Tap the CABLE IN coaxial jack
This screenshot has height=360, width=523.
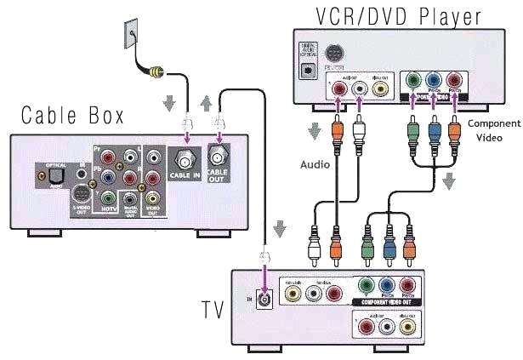pos(182,157)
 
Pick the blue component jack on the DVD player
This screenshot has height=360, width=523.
pos(435,84)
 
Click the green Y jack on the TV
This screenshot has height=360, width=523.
pos(367,286)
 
